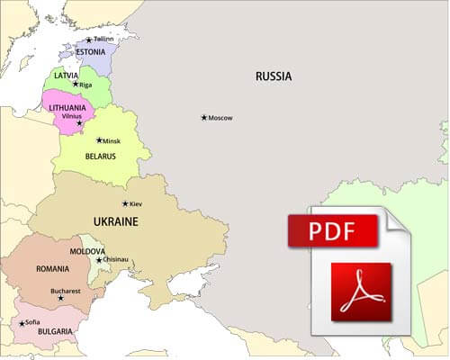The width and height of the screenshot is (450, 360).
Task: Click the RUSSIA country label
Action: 273,76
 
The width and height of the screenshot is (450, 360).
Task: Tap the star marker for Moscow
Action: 204,118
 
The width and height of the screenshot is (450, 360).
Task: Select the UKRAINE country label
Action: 115,220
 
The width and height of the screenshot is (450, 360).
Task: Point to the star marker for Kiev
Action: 125,204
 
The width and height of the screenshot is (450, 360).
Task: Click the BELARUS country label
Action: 100,157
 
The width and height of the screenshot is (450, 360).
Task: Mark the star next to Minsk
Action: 98,140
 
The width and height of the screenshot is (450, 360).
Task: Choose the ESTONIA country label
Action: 90,52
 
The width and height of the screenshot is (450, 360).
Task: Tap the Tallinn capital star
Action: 88,40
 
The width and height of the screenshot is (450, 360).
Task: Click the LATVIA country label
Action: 67,75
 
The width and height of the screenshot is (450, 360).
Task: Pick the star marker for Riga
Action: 76,85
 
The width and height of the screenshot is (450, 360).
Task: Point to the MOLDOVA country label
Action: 87,251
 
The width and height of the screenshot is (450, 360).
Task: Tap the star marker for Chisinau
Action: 99,260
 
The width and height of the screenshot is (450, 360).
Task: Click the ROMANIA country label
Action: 53,268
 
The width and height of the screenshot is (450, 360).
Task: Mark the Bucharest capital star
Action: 60,299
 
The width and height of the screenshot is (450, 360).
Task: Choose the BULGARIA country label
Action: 55,331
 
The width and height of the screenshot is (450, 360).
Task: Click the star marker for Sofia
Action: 21,323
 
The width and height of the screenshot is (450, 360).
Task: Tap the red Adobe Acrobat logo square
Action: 361,291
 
